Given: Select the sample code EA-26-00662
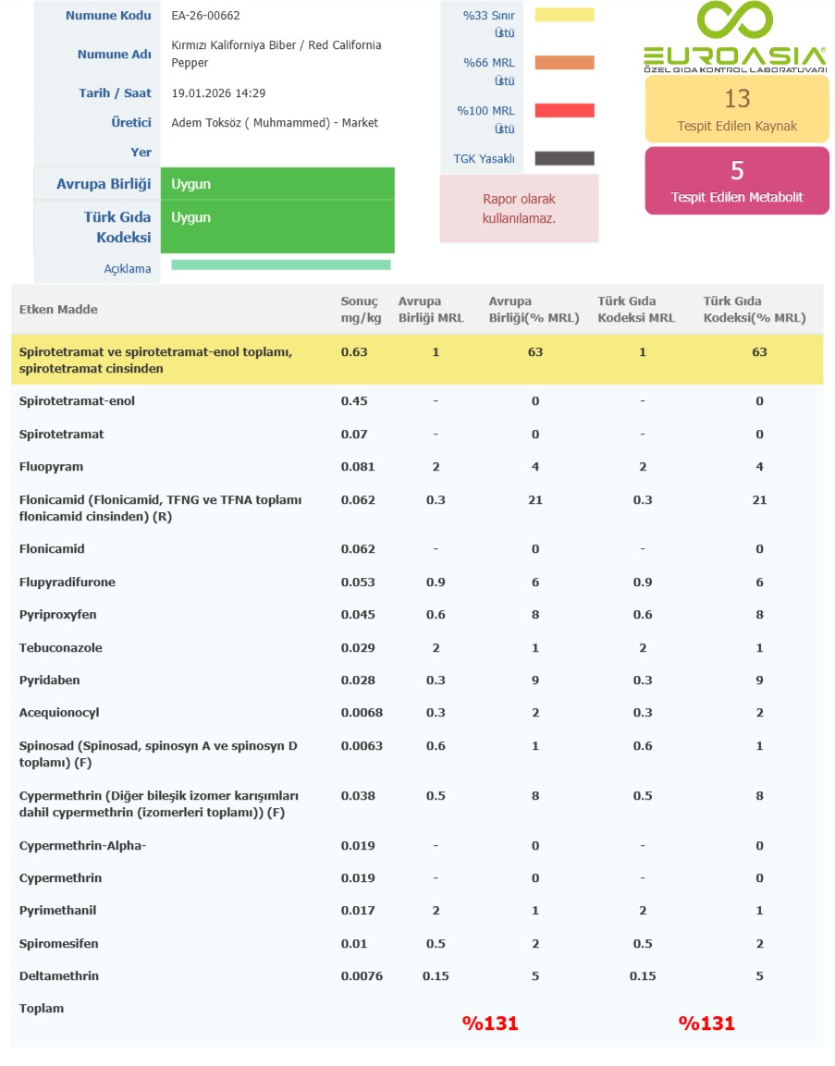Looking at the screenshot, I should click(206, 16).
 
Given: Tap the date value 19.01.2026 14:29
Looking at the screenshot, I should click(219, 93).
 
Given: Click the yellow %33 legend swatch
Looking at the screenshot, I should click(564, 15).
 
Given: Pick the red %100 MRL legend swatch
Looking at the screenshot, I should click(564, 111).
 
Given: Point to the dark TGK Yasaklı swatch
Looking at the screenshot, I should click(564, 158).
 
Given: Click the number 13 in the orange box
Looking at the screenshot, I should click(737, 98).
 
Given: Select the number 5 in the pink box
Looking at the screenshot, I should click(737, 170).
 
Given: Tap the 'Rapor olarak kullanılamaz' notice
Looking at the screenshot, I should click(519, 209).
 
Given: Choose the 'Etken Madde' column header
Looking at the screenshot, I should click(58, 310).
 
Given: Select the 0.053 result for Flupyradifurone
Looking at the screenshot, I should click(358, 582).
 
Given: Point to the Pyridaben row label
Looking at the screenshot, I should click(50, 680).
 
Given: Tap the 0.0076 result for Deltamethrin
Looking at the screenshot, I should click(362, 976).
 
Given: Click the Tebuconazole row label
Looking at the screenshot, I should click(60, 648).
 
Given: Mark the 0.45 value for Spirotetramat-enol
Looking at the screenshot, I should click(354, 401).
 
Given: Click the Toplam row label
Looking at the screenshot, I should click(42, 1009).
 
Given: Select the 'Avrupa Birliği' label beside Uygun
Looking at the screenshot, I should click(104, 184).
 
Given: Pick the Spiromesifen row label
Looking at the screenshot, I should click(58, 944).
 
